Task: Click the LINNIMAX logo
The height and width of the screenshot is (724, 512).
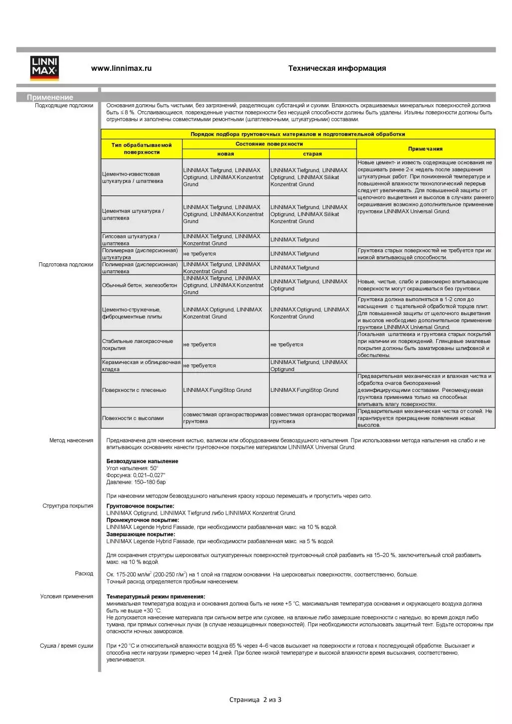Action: (x=45, y=68)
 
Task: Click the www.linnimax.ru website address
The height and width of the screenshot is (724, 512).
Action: (x=121, y=68)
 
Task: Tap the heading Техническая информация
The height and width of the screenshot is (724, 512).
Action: (x=337, y=68)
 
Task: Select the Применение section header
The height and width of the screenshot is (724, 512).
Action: (x=50, y=97)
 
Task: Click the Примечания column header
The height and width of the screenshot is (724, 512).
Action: (x=425, y=149)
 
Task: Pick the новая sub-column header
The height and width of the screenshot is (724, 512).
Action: (x=225, y=154)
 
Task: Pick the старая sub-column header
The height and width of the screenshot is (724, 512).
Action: (x=313, y=154)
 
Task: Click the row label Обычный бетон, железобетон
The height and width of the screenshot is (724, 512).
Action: (x=140, y=285)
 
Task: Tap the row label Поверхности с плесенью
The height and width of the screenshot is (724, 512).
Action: (x=134, y=390)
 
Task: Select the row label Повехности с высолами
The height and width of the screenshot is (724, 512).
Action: (x=133, y=418)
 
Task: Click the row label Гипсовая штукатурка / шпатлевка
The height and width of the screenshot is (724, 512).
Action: (x=131, y=240)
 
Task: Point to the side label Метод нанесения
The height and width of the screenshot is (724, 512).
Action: (x=71, y=440)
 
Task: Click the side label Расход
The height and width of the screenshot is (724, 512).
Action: (x=84, y=573)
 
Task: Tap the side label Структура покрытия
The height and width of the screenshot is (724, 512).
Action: (x=68, y=506)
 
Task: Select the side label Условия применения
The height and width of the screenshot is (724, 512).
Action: (x=67, y=596)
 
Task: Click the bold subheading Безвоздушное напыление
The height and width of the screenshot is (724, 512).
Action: (x=142, y=461)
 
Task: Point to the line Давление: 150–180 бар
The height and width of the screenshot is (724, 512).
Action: (x=136, y=482)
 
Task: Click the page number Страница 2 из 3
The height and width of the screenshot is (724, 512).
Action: (x=255, y=700)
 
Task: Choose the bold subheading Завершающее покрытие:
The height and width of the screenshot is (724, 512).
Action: (x=141, y=534)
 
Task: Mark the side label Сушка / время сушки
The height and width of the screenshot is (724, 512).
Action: (x=67, y=646)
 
